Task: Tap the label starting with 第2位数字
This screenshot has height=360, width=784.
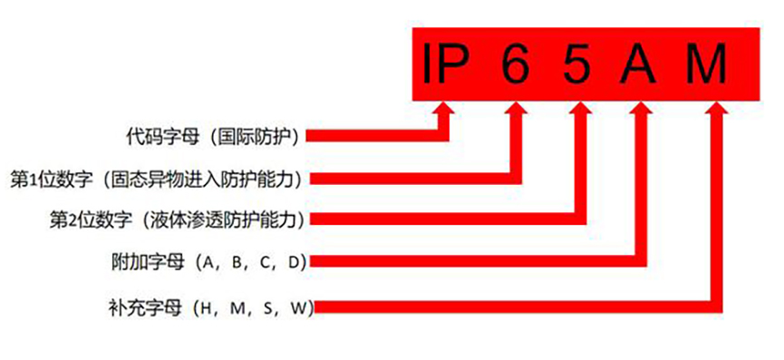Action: pyautogui.click(x=176, y=219)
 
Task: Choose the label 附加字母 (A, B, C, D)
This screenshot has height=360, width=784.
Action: pyautogui.click(x=206, y=262)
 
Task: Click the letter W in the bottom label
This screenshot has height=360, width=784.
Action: pyautogui.click(x=297, y=308)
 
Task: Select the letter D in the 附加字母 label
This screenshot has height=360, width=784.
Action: pyautogui.click(x=293, y=263)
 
